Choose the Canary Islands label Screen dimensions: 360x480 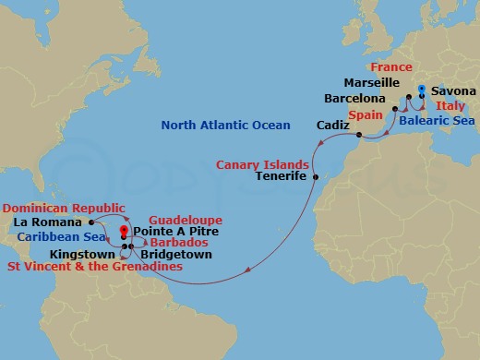point(262,164)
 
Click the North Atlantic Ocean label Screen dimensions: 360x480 point(226,126)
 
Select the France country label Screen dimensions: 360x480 point(390,68)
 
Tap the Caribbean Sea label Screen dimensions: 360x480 point(50,236)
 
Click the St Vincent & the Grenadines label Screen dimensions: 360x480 point(92,267)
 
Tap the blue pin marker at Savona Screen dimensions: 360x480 point(422,90)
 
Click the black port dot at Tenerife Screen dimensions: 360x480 point(315,176)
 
